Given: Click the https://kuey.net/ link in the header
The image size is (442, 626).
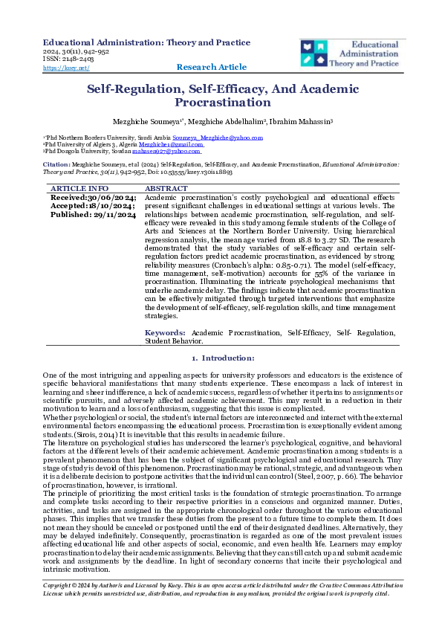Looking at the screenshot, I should click(66, 68).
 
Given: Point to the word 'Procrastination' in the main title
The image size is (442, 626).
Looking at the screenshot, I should click(222, 103).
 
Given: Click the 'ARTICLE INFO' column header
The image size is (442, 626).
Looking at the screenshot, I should click(79, 189).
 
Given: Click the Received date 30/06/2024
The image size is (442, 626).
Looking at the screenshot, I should click(93, 198).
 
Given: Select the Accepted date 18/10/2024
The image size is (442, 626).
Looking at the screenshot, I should click(93, 206).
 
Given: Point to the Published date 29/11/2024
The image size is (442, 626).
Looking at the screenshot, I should click(93, 214).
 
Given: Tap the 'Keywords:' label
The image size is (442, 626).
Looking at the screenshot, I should click(165, 333).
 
